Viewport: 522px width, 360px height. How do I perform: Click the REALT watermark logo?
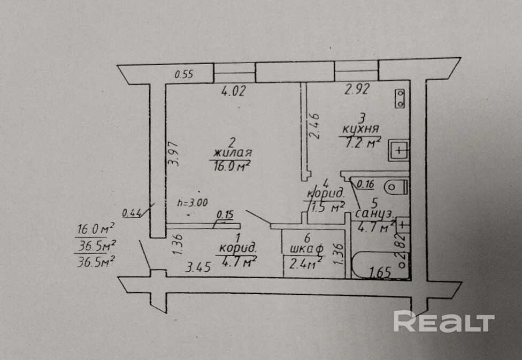443,321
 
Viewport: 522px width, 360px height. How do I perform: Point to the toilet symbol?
397,187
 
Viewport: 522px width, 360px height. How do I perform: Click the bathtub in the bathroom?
379,264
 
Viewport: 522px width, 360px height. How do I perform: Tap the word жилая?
231,154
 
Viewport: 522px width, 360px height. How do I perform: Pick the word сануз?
374,215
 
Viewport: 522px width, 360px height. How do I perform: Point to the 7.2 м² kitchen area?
359,142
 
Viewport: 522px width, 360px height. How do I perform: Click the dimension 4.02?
233,91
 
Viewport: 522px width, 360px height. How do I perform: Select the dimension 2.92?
357,90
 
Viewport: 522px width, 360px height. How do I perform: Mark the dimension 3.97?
173,154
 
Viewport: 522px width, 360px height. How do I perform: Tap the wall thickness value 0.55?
184,75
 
